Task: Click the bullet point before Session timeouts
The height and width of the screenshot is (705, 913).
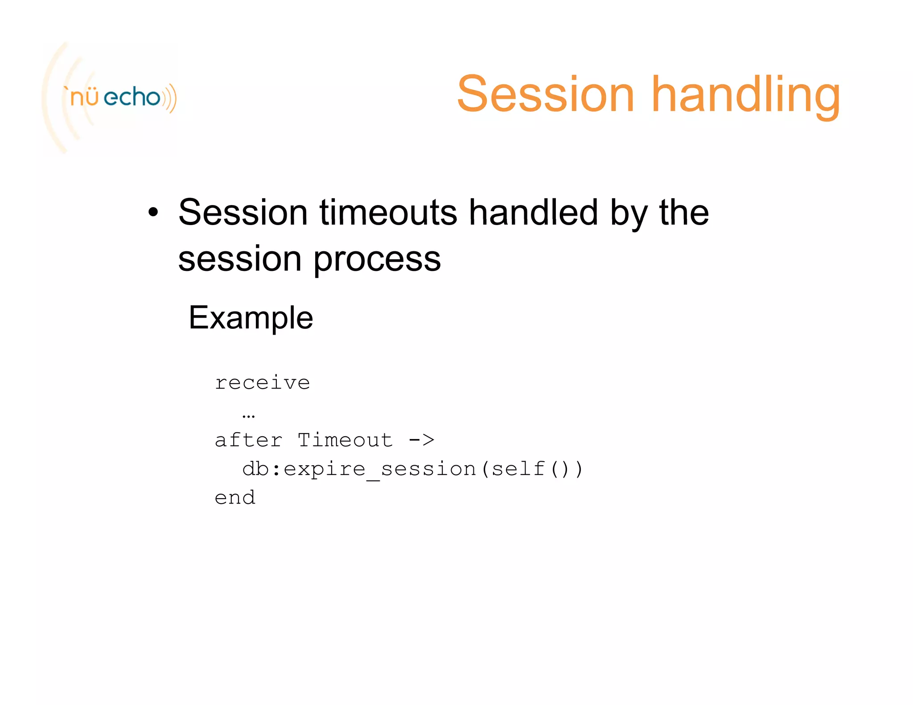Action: tap(153, 213)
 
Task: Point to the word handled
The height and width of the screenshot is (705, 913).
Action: tap(533, 213)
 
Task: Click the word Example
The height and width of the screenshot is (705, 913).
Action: tap(251, 318)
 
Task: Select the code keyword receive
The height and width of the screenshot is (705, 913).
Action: tap(262, 383)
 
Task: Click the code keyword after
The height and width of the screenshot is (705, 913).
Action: tap(248, 440)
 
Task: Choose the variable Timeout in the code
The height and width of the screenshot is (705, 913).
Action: tap(345, 440)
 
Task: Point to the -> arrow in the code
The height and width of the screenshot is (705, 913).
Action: tap(421, 440)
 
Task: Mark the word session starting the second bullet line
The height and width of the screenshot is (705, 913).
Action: tap(240, 259)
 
